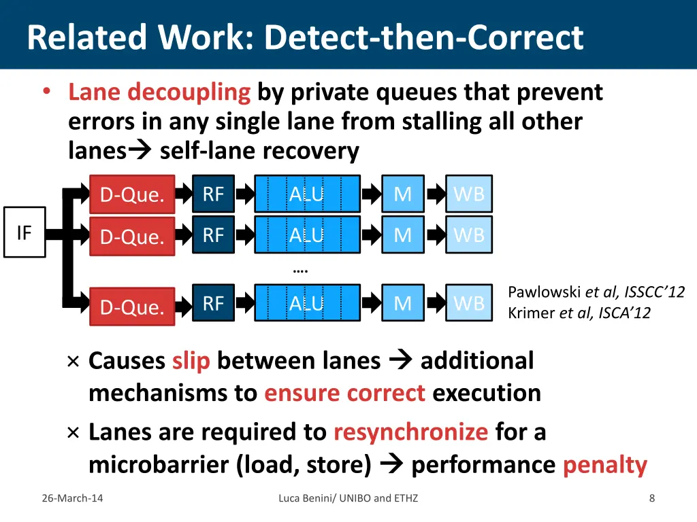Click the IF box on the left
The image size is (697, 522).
(25, 233)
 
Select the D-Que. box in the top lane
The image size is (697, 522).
(133, 195)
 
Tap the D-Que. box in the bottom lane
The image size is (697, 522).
(133, 307)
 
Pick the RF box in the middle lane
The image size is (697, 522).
(213, 235)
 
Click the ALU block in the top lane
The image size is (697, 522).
(307, 195)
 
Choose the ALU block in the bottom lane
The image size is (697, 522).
(307, 303)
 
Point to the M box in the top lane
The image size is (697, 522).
(403, 195)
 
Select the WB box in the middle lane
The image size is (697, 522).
(469, 235)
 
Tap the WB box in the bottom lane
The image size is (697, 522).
(469, 303)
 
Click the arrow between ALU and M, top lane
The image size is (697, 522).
(371, 195)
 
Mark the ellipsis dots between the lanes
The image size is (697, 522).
(300, 270)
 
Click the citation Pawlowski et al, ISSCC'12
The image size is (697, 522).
(596, 292)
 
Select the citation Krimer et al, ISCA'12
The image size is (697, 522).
(579, 313)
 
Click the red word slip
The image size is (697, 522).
(191, 361)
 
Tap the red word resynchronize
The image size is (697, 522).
(410, 432)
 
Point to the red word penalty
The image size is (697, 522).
(604, 465)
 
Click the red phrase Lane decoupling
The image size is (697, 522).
(159, 92)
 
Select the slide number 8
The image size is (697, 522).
(652, 498)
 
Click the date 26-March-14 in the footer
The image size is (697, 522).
(72, 498)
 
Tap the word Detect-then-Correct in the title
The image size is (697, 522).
(424, 37)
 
